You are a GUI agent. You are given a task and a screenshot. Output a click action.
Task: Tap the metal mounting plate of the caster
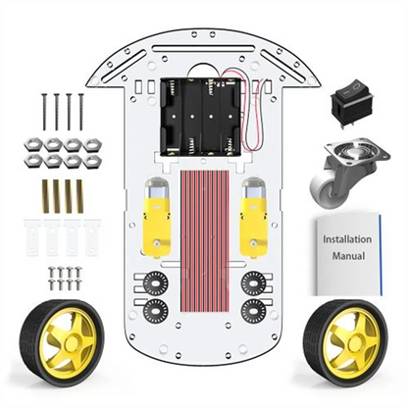345,157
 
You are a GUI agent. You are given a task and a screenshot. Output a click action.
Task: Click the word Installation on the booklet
343,238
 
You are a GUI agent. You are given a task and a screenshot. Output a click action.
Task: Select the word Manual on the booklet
348,256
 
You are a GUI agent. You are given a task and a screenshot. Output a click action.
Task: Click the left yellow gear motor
157,215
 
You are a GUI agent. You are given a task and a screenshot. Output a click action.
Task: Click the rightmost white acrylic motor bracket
91,235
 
